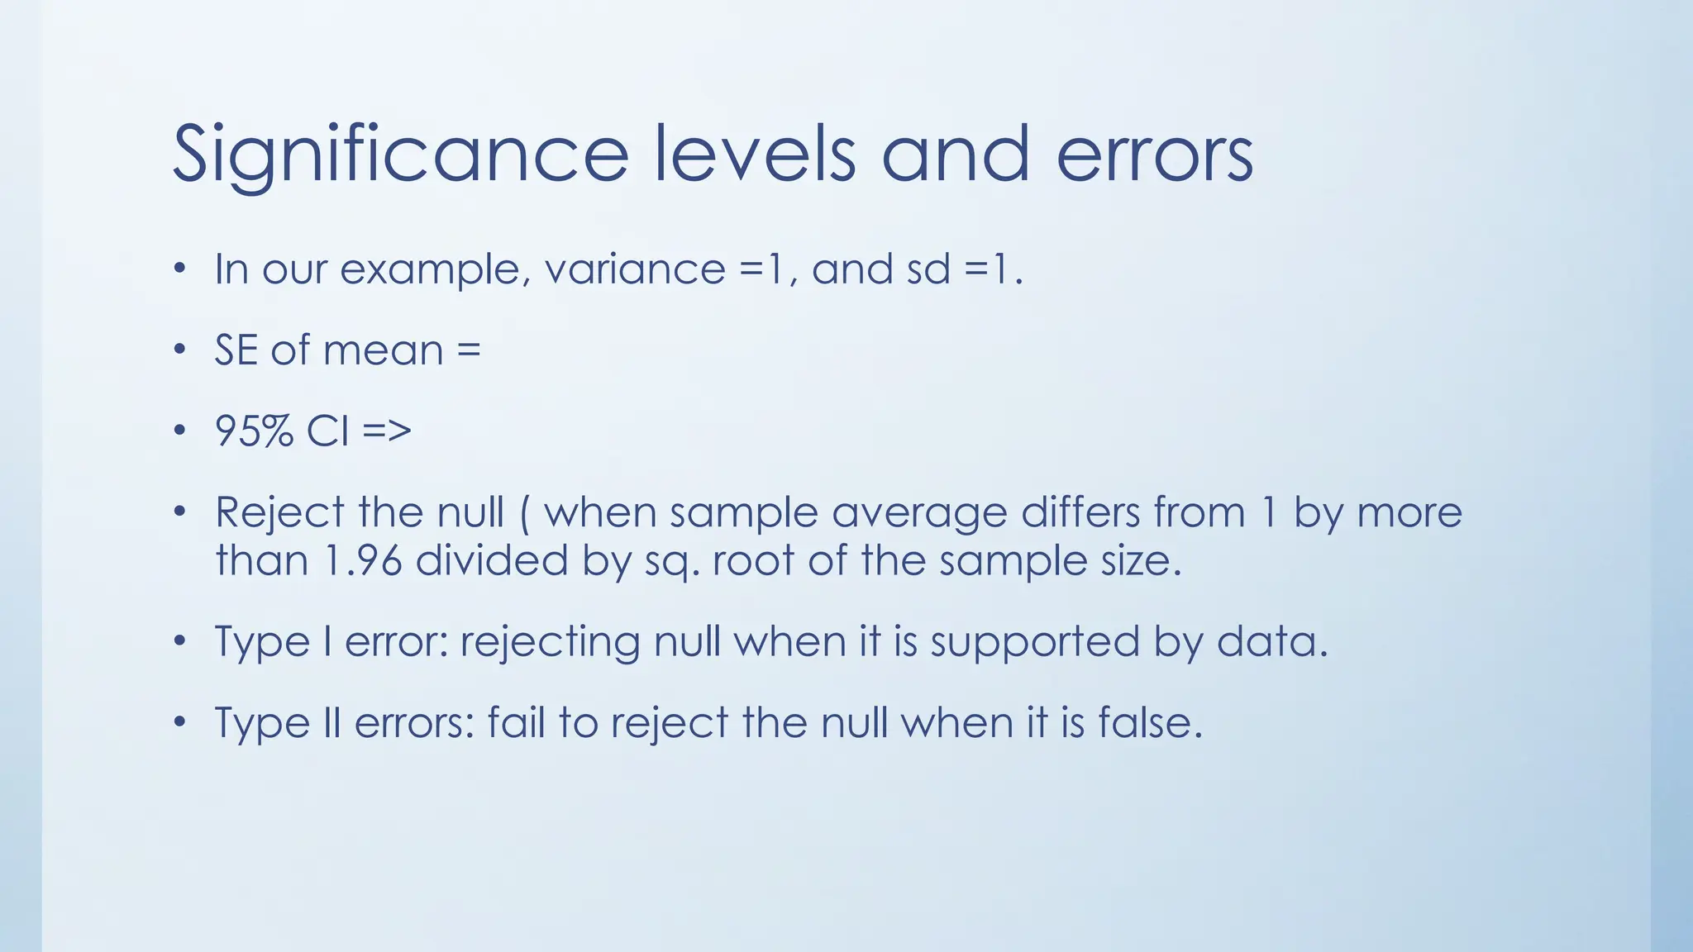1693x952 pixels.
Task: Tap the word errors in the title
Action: pyautogui.click(x=1155, y=155)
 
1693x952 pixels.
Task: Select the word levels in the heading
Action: pyautogui.click(x=755, y=155)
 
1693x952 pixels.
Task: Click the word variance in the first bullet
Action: pyautogui.click(x=635, y=269)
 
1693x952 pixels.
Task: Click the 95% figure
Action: pyautogui.click(x=254, y=431)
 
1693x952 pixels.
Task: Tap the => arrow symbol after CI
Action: pyautogui.click(x=386, y=431)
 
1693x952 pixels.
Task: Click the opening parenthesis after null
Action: pyautogui.click(x=525, y=513)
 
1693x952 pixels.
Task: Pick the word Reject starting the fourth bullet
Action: pyautogui.click(x=279, y=512)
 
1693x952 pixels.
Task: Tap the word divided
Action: pyautogui.click(x=492, y=560)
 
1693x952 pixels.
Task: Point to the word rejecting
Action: pyautogui.click(x=550, y=642)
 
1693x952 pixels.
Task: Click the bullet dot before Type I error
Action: pyautogui.click(x=180, y=641)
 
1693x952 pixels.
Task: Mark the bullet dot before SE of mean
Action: pyautogui.click(x=180, y=350)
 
